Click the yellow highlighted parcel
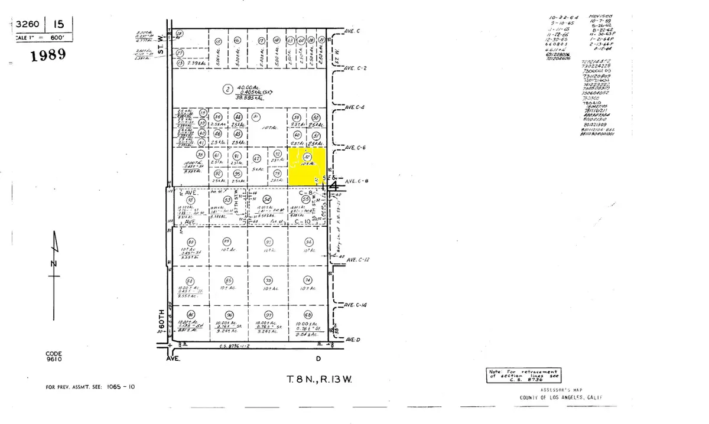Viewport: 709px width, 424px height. pos(307,165)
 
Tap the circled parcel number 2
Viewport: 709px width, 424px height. pos(227,90)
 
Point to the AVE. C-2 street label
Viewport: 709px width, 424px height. pos(357,69)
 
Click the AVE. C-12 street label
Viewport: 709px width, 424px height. pos(358,260)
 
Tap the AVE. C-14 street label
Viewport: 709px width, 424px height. pos(357,305)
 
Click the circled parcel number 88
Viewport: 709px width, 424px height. pos(191,242)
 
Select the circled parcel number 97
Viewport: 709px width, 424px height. pos(269,314)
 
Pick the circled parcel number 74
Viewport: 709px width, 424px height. pos(307,280)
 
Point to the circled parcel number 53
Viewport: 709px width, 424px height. pos(227,200)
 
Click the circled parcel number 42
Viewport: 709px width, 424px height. pos(256,159)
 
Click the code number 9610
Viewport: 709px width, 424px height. pos(54,359)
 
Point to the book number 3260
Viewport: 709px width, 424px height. pos(28,25)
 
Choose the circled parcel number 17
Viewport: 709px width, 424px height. pos(261,41)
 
